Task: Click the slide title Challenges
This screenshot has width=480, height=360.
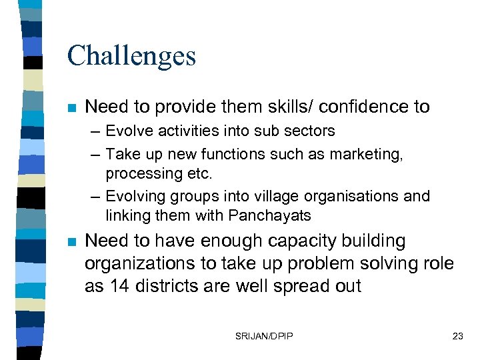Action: (x=131, y=56)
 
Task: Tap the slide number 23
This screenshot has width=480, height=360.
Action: (x=457, y=336)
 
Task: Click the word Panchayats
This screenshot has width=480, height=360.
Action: (x=270, y=216)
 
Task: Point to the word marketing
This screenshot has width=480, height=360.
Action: (x=370, y=155)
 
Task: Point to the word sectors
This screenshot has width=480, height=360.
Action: (x=310, y=131)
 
